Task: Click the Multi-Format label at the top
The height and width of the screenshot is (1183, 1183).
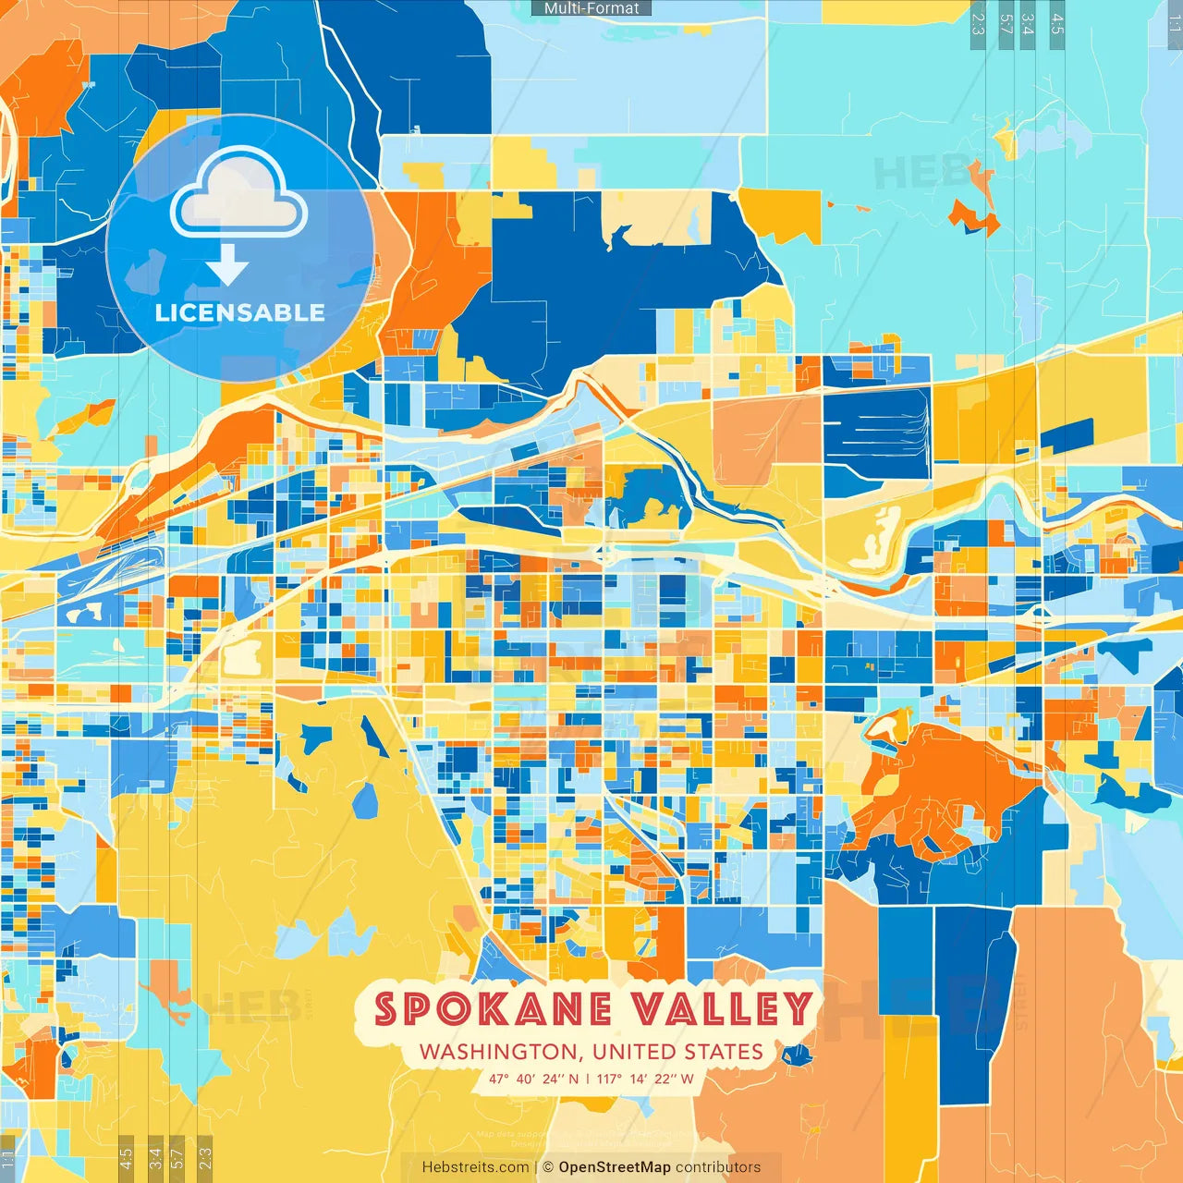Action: pyautogui.click(x=591, y=8)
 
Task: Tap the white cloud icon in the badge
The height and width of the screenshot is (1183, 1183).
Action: pyautogui.click(x=239, y=195)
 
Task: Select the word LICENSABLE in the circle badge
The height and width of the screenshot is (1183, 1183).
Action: pyautogui.click(x=239, y=312)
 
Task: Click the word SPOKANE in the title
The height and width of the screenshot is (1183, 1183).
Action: pyautogui.click(x=494, y=1009)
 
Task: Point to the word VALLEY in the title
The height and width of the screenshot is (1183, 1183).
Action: pyautogui.click(x=723, y=1009)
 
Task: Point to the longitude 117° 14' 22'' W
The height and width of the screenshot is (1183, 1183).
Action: pyautogui.click(x=645, y=1079)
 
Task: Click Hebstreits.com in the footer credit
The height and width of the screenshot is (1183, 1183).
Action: pyautogui.click(x=475, y=1167)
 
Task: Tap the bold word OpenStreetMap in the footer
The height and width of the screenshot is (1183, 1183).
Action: pyautogui.click(x=615, y=1167)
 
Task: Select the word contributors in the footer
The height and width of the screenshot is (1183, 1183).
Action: pyautogui.click(x=718, y=1167)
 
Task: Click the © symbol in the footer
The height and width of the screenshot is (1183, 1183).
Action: pyautogui.click(x=547, y=1167)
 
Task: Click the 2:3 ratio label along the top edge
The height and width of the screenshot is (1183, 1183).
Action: pyautogui.click(x=978, y=24)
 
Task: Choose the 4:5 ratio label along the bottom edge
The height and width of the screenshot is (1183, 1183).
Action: pyautogui.click(x=126, y=1157)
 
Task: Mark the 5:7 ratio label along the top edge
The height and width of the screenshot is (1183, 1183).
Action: pyautogui.click(x=1006, y=24)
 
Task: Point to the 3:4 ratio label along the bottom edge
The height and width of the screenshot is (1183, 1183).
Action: pyautogui.click(x=155, y=1157)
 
